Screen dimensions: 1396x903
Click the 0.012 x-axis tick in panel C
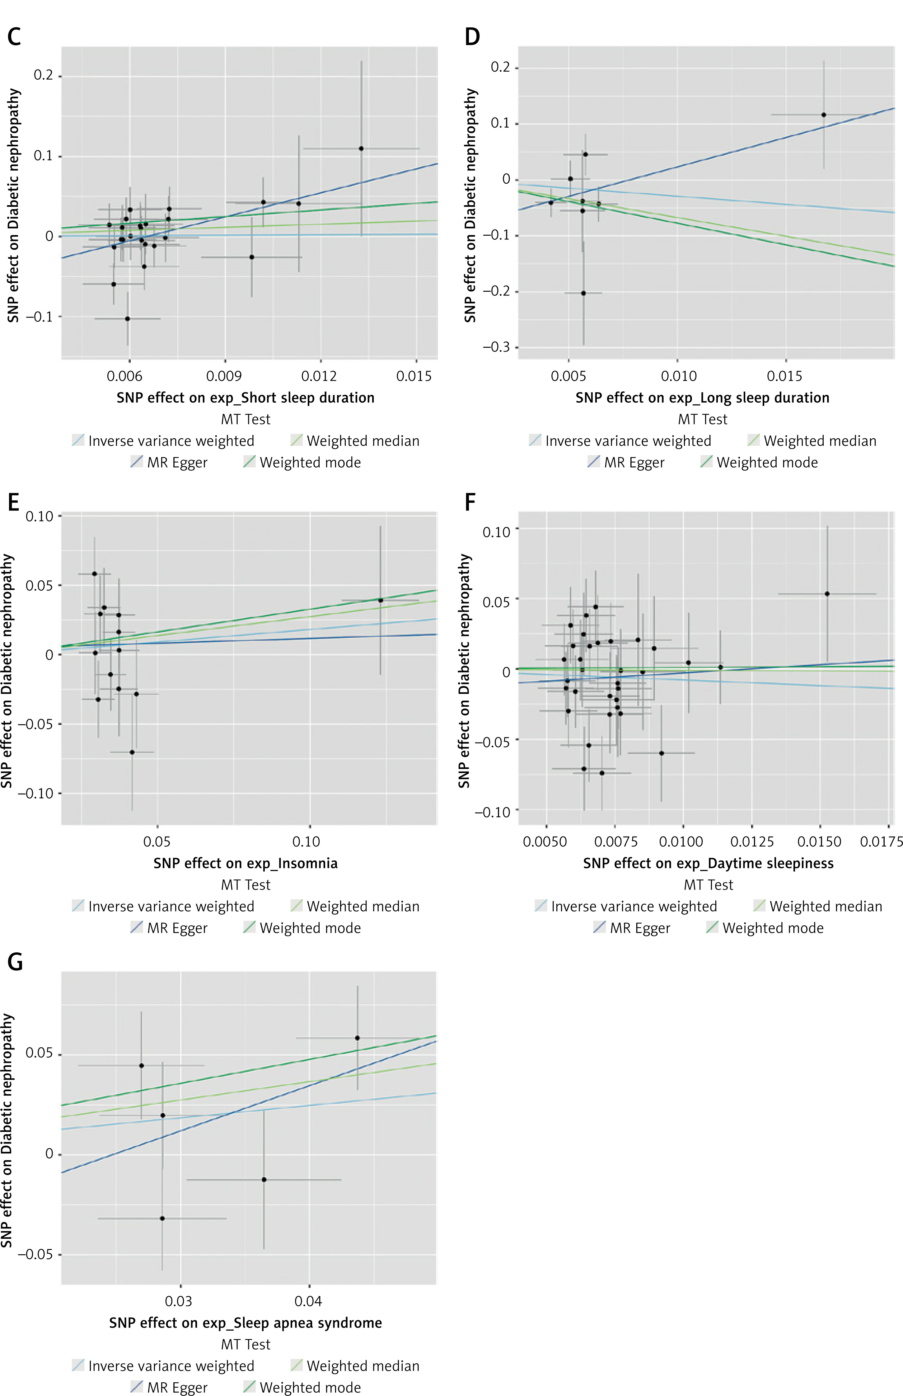[320, 376]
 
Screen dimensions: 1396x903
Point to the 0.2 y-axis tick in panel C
[43, 76]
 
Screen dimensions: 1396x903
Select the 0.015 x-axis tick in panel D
[784, 376]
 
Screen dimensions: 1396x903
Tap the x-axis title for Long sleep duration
[702, 398]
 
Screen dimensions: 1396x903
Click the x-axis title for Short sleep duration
[245, 398]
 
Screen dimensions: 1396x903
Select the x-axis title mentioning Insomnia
[245, 863]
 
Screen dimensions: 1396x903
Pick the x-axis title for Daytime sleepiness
[708, 863]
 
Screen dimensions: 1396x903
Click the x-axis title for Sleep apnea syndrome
[245, 1323]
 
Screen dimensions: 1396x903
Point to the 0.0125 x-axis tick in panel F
[752, 842]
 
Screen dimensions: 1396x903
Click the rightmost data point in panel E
[381, 600]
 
